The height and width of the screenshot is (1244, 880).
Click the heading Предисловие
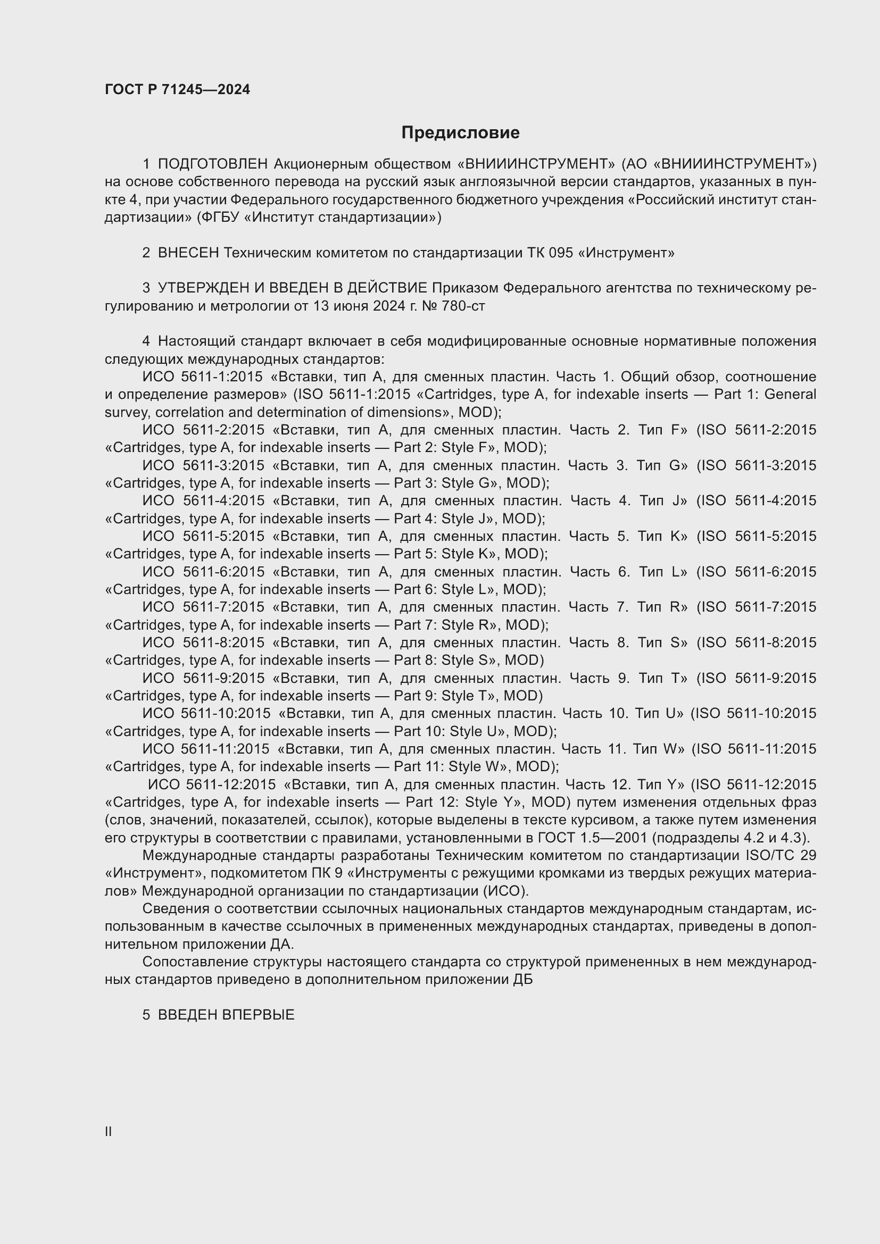click(460, 133)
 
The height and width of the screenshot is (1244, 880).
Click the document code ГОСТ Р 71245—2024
click(177, 89)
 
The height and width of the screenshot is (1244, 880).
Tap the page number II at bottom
click(109, 1131)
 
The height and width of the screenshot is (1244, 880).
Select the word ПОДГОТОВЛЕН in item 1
click(213, 164)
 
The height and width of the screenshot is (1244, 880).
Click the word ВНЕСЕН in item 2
click(188, 253)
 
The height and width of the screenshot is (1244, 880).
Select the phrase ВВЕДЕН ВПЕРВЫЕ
click(226, 1015)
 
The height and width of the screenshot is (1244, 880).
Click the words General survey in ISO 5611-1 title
click(790, 395)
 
